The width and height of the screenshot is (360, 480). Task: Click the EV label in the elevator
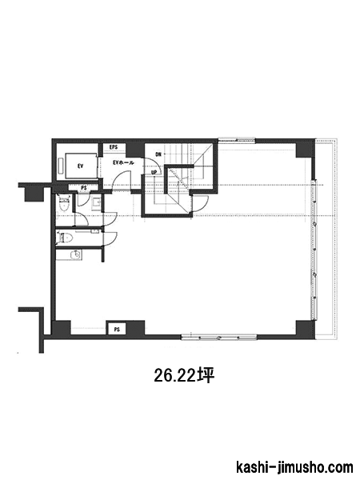[81, 166]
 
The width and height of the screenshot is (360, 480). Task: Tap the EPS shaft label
[114, 147]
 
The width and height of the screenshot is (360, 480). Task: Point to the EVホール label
[123, 162]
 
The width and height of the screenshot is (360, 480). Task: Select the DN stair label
[158, 154]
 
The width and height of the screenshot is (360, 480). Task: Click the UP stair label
[154, 172]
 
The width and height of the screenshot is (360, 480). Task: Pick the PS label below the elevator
[83, 188]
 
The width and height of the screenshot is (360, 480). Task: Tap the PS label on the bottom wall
[117, 330]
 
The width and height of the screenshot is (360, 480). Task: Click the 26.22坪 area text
[183, 376]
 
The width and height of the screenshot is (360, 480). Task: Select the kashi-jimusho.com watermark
[294, 468]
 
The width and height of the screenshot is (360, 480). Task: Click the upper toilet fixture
[64, 203]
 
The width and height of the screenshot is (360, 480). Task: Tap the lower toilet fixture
[65, 238]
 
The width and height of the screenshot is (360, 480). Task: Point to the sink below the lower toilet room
[76, 254]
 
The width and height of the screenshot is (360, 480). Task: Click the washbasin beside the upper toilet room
[96, 203]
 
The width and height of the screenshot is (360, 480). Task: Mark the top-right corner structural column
[305, 149]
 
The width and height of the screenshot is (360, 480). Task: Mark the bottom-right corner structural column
[305, 329]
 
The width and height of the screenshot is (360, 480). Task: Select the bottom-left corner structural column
[62, 328]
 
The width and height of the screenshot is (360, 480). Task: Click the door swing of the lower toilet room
[110, 238]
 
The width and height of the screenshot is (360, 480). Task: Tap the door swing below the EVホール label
[122, 181]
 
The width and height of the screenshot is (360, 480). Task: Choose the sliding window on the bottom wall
[219, 338]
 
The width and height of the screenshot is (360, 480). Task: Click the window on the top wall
[237, 141]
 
